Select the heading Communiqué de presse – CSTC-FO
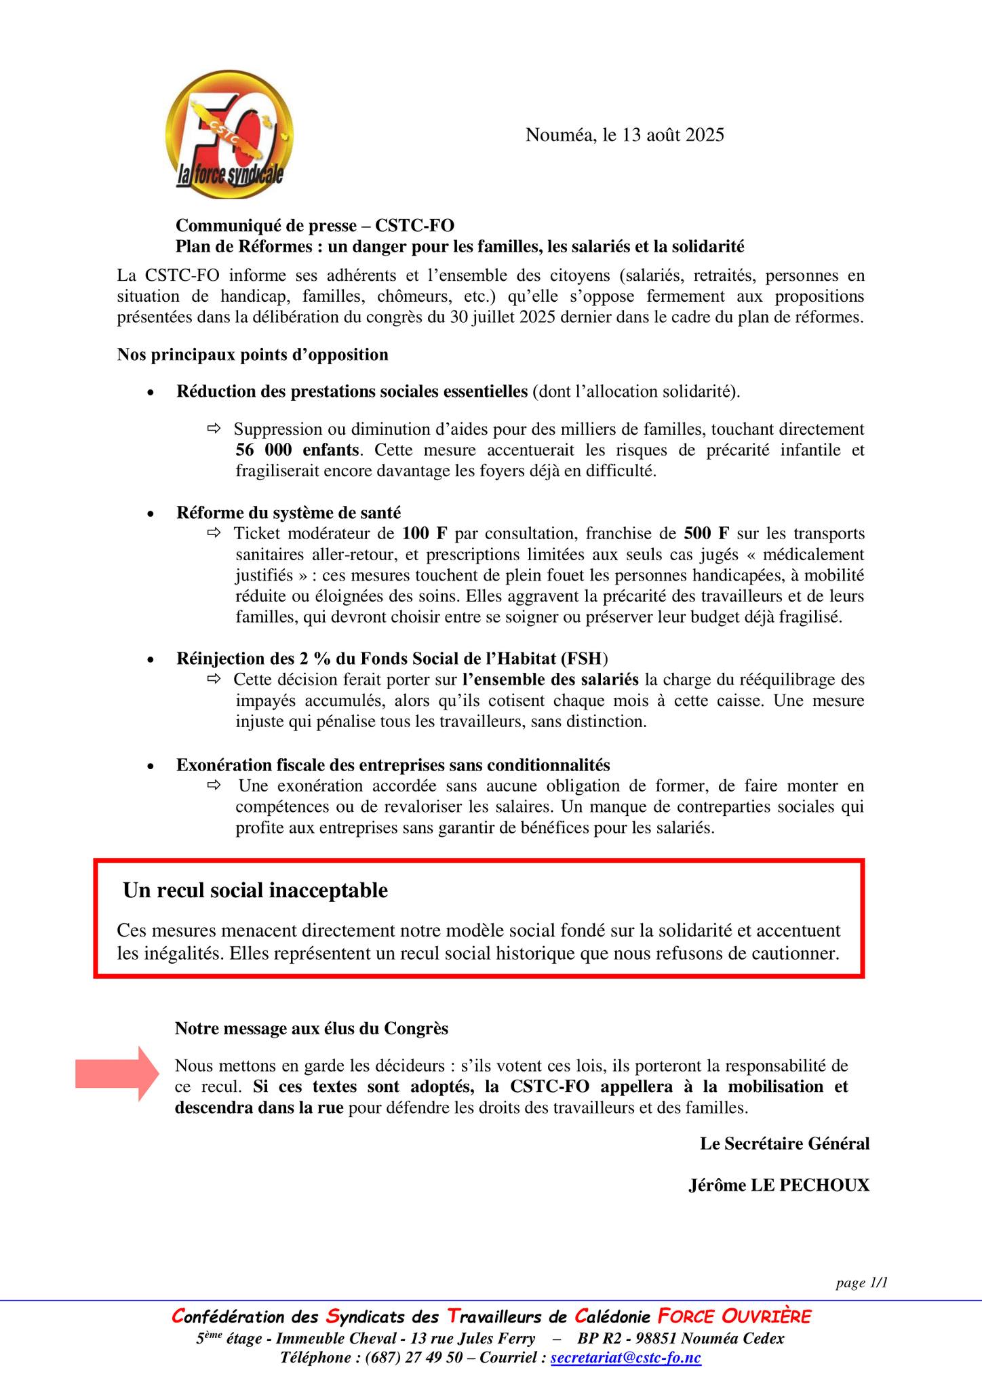(x=315, y=225)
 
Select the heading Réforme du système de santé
(x=288, y=512)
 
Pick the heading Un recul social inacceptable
(x=255, y=890)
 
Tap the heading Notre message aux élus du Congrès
(x=311, y=1028)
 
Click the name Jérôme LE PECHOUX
(x=779, y=1185)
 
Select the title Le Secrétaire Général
(x=784, y=1143)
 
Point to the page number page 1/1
(x=861, y=1283)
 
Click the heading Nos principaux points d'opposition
(x=252, y=355)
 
